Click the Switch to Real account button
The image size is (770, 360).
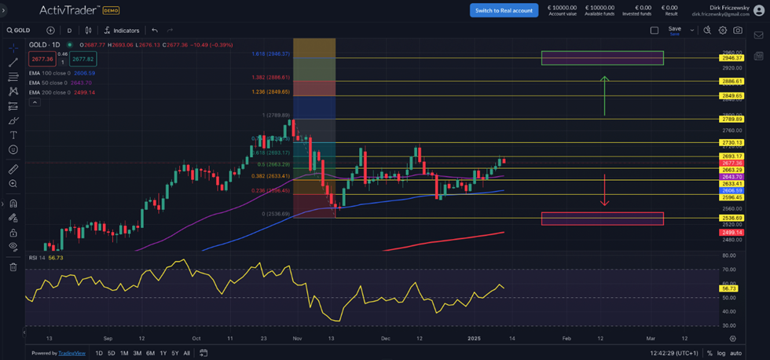click(x=504, y=9)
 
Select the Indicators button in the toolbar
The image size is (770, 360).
click(x=122, y=31)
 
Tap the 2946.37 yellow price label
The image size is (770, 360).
click(x=732, y=58)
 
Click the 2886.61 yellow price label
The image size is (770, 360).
click(x=732, y=81)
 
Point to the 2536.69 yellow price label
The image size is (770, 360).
click(x=732, y=218)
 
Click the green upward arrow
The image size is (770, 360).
click(x=604, y=95)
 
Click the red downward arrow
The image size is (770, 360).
click(x=604, y=189)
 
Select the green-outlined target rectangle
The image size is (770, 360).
click(x=602, y=58)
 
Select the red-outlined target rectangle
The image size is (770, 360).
click(x=602, y=219)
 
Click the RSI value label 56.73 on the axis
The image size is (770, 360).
click(x=728, y=289)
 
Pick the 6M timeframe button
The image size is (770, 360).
click(x=150, y=353)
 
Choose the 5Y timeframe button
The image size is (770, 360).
click(x=174, y=353)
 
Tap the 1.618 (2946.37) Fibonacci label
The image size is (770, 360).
click(x=271, y=53)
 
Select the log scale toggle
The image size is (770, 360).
click(x=720, y=353)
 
